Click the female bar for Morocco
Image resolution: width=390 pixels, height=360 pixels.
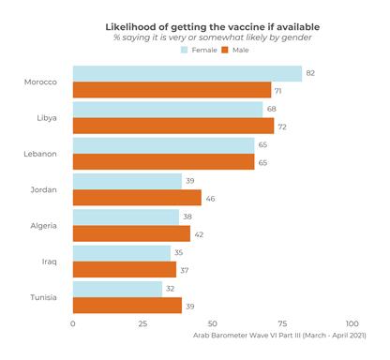(187, 74)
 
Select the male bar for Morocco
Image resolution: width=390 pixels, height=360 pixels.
(172, 90)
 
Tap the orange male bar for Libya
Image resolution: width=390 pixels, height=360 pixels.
(173, 126)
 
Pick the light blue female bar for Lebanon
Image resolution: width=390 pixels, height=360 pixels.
(163, 145)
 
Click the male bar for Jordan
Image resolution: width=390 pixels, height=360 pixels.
(137, 198)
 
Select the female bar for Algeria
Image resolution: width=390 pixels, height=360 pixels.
(126, 217)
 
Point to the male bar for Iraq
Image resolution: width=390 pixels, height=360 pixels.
(125, 269)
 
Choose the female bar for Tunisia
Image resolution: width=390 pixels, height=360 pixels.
(117, 289)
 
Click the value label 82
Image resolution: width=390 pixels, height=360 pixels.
(310, 73)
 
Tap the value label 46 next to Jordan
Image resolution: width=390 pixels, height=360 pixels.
(210, 198)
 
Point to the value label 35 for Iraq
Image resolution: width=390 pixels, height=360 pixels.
(179, 253)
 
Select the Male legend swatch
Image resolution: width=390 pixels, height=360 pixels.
(226, 50)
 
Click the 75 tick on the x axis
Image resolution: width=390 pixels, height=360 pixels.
(282, 323)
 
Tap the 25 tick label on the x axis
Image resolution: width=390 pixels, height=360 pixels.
(142, 323)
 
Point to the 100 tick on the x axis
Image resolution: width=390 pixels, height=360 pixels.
(352, 323)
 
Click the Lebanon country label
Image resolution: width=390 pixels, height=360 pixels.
(40, 154)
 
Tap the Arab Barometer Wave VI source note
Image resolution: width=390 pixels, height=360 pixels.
(278, 335)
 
